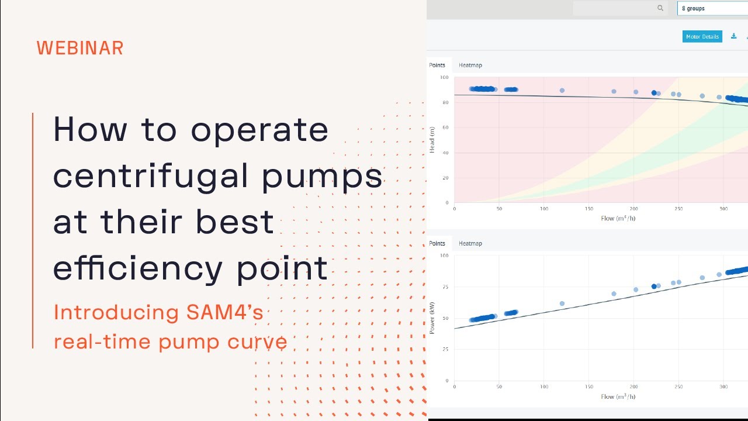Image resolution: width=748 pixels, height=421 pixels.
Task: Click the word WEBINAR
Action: pos(80,49)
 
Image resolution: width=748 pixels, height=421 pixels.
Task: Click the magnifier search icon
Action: pos(660,8)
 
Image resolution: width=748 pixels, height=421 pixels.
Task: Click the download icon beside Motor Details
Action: pos(734,36)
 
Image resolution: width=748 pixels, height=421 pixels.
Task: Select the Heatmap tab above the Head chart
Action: pos(470,65)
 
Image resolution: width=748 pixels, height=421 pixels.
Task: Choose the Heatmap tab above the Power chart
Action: pos(470,243)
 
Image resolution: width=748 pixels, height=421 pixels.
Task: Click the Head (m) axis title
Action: pos(432,140)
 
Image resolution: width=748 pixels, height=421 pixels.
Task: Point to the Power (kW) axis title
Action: pos(432,319)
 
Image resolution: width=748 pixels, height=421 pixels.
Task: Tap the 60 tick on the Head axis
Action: pos(445,127)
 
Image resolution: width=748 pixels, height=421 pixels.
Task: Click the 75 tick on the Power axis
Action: pos(445,287)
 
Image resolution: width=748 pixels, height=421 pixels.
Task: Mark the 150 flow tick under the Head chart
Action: pos(589,209)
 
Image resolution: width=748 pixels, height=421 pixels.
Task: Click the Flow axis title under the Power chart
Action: pos(618,396)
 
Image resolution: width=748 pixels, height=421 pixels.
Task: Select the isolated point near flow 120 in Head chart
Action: pos(562,91)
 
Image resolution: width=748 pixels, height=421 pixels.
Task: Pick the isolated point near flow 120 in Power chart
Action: pos(562,303)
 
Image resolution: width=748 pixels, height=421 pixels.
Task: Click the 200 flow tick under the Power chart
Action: pos(634,387)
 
